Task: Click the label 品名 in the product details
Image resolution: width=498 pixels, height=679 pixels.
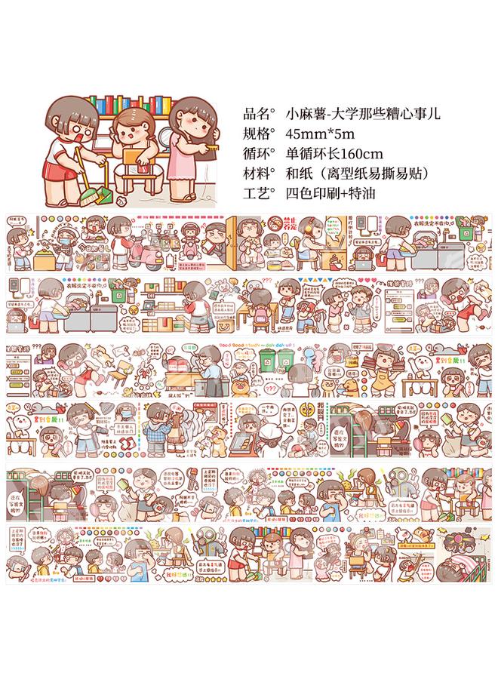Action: pyautogui.click(x=261, y=115)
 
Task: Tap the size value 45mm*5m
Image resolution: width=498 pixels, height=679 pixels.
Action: pyautogui.click(x=320, y=135)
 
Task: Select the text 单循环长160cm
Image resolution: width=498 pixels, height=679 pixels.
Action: pyautogui.click(x=335, y=155)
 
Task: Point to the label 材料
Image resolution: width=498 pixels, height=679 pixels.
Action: pyautogui.click(x=261, y=174)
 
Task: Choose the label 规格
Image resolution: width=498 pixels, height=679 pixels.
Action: pyautogui.click(x=261, y=135)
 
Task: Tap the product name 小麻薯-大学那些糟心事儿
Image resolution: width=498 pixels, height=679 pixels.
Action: pyautogui.click(x=363, y=115)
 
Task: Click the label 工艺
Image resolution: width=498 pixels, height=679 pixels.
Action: pyautogui.click(x=261, y=193)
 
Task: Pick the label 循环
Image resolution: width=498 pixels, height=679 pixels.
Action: pyautogui.click(x=261, y=155)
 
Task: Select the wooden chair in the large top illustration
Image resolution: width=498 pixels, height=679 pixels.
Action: pyautogui.click(x=135, y=177)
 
